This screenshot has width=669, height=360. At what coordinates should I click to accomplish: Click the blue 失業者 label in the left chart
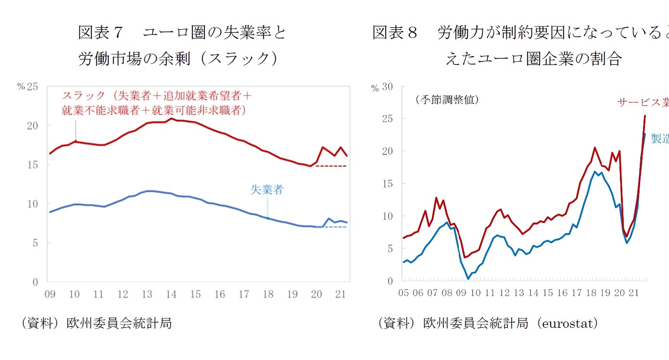(x=266, y=190)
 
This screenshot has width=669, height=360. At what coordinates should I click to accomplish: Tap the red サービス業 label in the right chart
(x=643, y=102)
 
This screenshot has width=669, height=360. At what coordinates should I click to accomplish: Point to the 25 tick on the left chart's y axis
(x=33, y=87)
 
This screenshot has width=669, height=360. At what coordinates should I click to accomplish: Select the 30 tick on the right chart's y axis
(x=387, y=87)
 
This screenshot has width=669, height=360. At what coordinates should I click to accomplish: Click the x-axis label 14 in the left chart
(x=171, y=294)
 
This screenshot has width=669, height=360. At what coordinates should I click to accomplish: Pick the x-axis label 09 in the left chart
(x=50, y=294)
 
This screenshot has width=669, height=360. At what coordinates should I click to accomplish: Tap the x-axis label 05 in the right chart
(x=404, y=293)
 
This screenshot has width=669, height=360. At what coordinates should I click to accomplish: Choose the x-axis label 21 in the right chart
(x=633, y=293)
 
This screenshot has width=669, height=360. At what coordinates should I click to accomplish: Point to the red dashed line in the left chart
(x=331, y=166)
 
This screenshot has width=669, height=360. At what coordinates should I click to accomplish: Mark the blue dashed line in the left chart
(x=336, y=227)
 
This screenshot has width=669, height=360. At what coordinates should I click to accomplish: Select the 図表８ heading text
(x=395, y=33)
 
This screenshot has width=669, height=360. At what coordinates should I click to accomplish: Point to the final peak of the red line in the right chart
(x=645, y=115)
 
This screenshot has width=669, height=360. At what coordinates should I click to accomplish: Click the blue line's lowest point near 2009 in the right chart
(x=468, y=278)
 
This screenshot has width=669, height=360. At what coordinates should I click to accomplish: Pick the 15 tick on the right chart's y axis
(x=387, y=184)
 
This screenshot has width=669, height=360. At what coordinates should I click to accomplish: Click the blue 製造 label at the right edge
(x=659, y=139)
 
